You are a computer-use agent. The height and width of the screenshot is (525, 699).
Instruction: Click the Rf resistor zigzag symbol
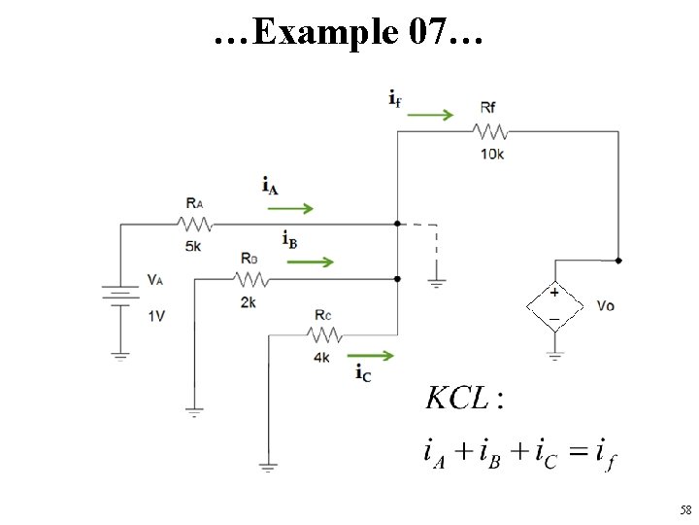pos(490,132)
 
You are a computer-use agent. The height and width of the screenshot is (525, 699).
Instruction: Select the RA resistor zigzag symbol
pos(195,225)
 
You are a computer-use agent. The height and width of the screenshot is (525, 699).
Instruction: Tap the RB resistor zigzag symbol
pos(251,279)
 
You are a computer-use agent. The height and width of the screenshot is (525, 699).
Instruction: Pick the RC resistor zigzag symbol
pos(325,334)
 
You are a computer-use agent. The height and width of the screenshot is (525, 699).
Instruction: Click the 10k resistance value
pos(492,154)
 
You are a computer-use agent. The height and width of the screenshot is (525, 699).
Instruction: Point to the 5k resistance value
pos(193,246)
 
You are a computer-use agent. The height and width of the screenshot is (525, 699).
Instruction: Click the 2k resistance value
pos(249,302)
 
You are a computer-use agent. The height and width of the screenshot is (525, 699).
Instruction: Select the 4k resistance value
pos(322,358)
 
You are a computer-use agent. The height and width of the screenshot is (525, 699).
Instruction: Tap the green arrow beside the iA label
pos(290,208)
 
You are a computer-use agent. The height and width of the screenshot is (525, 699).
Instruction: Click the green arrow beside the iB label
pos(311,262)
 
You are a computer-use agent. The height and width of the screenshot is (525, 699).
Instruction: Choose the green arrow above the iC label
pos(371,356)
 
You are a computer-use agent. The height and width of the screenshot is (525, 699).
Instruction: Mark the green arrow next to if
pos(430,115)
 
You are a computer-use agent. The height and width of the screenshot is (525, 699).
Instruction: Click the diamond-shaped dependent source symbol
pos(555,306)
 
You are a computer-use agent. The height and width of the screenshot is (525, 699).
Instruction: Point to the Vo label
pos(606,306)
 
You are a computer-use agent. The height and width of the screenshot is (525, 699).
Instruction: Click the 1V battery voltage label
pos(156,317)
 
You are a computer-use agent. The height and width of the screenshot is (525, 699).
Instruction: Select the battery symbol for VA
pos(120,296)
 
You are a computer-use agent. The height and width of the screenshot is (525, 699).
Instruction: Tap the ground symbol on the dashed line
pos(437,283)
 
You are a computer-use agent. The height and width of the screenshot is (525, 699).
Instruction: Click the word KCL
pos(458,398)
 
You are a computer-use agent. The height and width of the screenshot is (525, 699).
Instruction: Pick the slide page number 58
pos(685,509)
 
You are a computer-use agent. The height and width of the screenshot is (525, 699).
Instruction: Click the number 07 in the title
pos(427,31)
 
